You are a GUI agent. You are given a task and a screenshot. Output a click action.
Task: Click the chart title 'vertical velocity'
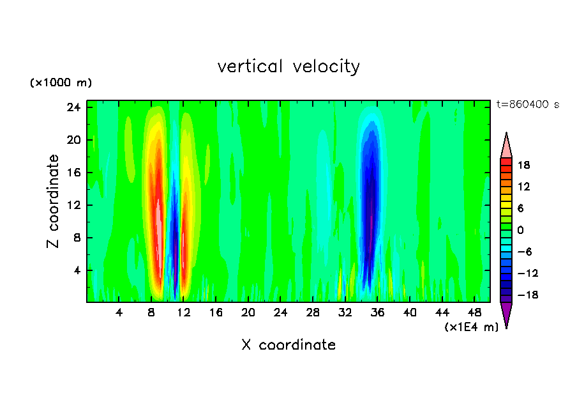pos(288,66)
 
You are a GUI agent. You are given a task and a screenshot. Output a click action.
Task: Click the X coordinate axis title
pos(288,345)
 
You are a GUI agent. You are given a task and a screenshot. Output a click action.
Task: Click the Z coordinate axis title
pos(54,201)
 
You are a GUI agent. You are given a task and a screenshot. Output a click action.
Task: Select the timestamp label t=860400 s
pos(528,104)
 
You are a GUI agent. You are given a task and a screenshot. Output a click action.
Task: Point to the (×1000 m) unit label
pos(61,83)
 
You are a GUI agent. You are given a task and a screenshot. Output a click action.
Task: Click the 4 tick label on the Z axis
pos(77,270)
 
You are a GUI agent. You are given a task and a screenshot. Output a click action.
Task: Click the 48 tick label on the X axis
pos(474,313)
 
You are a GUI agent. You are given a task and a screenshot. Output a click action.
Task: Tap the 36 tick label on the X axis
pos(377,313)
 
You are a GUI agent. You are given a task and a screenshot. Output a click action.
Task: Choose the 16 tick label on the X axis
pos(216,313)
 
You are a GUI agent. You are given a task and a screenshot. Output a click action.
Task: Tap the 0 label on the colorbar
pos(520,230)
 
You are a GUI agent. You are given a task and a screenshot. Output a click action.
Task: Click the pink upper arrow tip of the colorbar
pos(506,144)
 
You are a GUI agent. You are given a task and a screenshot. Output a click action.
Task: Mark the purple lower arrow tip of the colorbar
pos(506,316)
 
